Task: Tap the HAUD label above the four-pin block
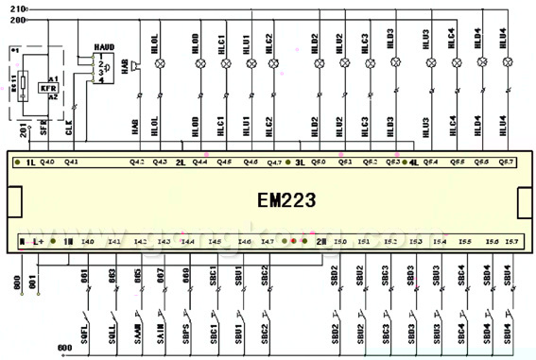pyautogui.click(x=104, y=46)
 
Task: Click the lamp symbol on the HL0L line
pyautogui.click(x=159, y=63)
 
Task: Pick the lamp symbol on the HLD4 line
pyautogui.click(x=482, y=63)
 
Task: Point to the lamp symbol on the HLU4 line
pyautogui.click(x=508, y=63)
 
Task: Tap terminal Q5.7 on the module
pyautogui.click(x=507, y=163)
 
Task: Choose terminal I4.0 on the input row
pyautogui.click(x=88, y=243)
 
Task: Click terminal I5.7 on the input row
pyautogui.click(x=511, y=243)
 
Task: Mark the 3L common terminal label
pyautogui.click(x=299, y=163)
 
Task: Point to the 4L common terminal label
pyautogui.click(x=414, y=163)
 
